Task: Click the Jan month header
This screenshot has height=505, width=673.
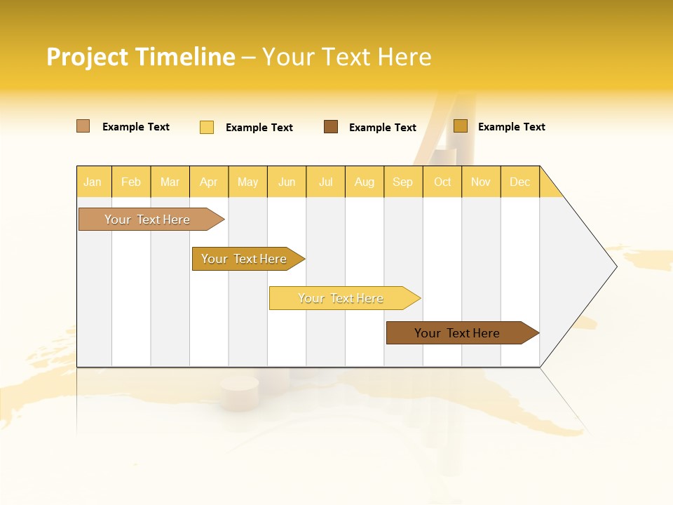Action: point(93,182)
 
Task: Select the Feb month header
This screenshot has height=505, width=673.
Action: point(131,182)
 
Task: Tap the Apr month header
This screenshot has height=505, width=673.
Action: point(208,182)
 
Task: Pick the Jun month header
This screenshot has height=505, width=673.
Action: point(287,182)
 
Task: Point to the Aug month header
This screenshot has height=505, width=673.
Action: point(364,182)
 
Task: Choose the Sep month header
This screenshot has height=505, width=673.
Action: point(402,182)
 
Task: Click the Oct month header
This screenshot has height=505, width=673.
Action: point(442,182)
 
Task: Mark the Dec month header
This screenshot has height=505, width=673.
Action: point(519,182)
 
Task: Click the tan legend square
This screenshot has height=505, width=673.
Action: point(83,126)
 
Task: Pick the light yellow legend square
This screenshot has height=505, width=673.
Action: point(207,127)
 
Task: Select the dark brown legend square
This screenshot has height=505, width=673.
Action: point(331,126)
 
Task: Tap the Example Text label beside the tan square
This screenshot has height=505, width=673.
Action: point(136,127)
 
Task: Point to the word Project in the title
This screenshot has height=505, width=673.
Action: point(87,57)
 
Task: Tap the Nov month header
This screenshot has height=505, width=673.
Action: point(481,182)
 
